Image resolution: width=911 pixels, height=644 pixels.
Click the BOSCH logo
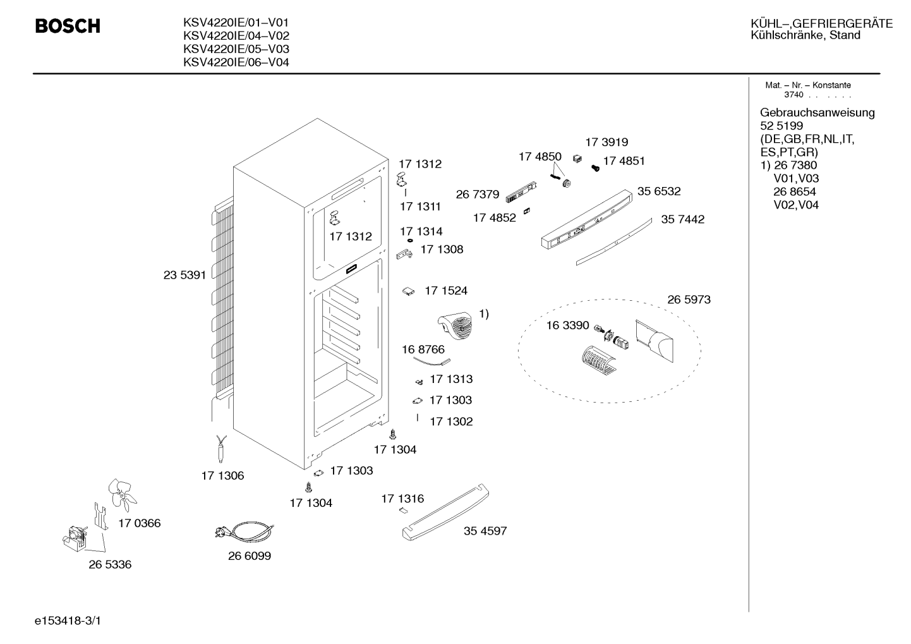coord(68,26)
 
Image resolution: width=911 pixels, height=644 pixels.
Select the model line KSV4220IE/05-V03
coord(236,49)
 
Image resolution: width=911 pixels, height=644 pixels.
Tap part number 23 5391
coord(184,275)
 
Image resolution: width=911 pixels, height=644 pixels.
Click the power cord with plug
coord(244,532)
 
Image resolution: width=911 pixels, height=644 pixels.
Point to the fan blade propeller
coord(121,494)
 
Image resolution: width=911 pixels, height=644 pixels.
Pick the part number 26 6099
coord(250,556)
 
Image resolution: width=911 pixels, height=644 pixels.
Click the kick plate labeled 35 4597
coord(446,512)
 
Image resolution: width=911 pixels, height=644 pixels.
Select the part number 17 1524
coord(446,291)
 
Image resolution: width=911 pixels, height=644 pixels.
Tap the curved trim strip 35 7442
coord(613,241)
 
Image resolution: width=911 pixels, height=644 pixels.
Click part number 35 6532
coord(659,191)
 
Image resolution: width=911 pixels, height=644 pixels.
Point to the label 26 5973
coord(689,300)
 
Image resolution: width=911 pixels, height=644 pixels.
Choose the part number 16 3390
coord(567,325)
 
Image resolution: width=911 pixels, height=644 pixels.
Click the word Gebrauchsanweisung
coord(817,112)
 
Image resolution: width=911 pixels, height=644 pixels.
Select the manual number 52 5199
coord(781,126)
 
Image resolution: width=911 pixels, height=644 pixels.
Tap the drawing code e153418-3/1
coord(68,621)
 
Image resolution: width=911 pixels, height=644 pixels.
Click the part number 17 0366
coord(140,523)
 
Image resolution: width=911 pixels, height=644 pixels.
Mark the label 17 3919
coord(606,142)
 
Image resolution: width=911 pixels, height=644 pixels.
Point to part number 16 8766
coord(423,349)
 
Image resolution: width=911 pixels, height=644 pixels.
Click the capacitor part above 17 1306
coord(221,449)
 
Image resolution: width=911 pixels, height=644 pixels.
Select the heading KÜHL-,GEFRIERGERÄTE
coord(821,23)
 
